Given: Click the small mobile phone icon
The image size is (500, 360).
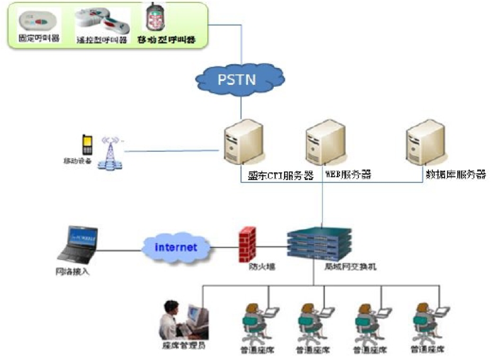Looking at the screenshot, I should tap(87, 145).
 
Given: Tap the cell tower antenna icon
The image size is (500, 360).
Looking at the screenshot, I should tap(110, 153).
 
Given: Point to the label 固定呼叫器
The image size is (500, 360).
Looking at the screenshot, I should tap(40, 40).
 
